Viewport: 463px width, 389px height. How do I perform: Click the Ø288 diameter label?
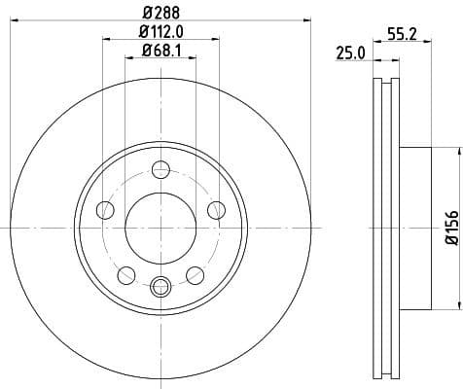[x=160, y=12]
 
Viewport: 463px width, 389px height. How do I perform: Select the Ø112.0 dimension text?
[x=160, y=32]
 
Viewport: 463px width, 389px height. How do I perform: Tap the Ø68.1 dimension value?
[x=160, y=51]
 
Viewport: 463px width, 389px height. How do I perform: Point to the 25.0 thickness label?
[x=350, y=53]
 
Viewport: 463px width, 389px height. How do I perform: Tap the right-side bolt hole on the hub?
[x=216, y=208]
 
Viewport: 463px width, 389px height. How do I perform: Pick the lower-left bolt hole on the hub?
[x=125, y=273]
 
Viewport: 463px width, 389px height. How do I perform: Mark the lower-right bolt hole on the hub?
[x=195, y=273]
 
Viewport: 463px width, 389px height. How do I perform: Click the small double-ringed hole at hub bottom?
[x=160, y=285]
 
